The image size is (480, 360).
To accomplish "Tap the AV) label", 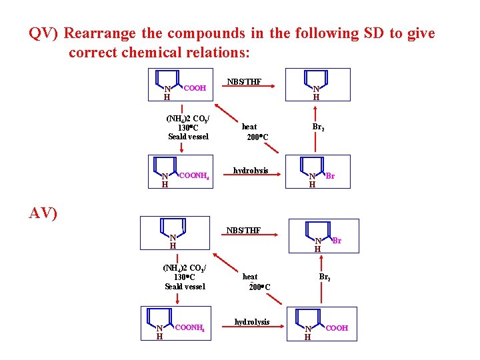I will point(43,213).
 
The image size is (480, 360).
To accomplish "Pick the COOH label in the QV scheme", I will point(195,87).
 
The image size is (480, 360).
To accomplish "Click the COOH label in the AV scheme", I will point(337,328).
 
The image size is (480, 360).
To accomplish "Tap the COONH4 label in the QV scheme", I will point(195,175).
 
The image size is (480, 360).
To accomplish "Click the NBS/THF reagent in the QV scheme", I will point(244,83).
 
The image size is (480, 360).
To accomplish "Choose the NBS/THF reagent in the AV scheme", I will point(244,231).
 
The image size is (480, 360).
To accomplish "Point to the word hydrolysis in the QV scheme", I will point(251,171).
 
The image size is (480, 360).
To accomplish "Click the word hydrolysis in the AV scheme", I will point(252,322).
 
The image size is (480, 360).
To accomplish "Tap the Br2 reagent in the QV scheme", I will point(319,127).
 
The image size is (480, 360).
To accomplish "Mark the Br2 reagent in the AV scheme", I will point(325,277).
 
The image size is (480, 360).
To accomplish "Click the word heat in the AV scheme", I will point(250,276).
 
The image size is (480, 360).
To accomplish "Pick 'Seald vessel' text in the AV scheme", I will point(185,287).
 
